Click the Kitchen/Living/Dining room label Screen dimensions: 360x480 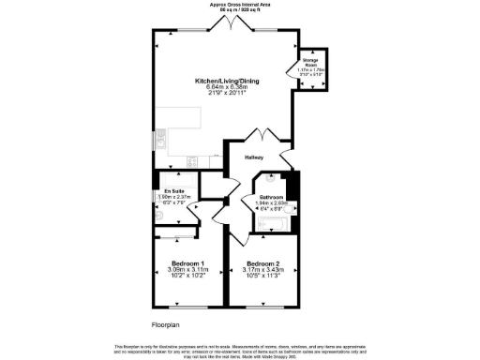click(x=227, y=82)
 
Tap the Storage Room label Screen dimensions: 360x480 click(x=310, y=62)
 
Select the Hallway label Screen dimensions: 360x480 click(x=254, y=157)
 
